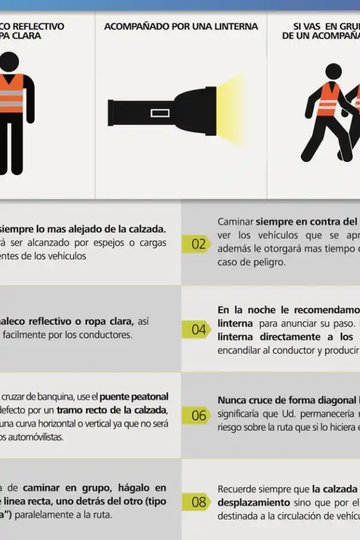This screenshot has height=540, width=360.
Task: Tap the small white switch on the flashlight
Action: coord(160,112)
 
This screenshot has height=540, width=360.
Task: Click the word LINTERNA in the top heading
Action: coord(234,26)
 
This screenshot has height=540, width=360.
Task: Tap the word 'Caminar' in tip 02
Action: coord(235,221)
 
